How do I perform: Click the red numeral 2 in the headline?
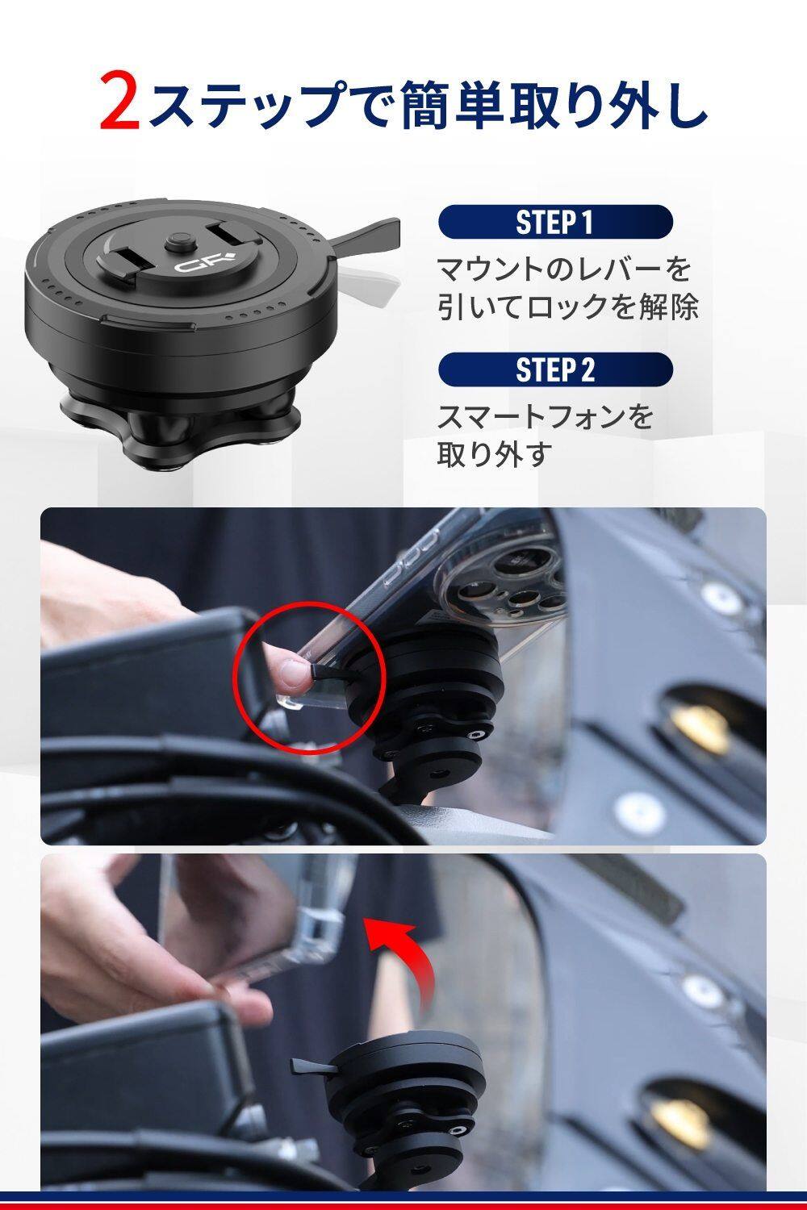(120, 102)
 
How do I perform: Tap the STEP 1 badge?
(555, 222)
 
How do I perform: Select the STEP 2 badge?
(555, 369)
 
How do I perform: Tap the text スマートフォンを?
(545, 417)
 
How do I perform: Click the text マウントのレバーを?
(564, 269)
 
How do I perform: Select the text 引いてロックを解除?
(567, 307)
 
